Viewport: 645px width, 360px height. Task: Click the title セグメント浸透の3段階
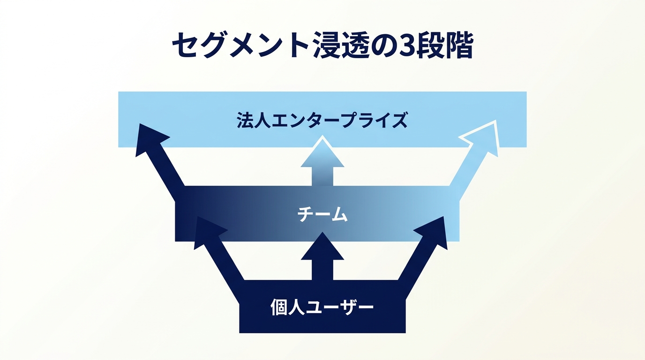tap(322, 45)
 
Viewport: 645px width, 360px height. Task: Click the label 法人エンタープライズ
tap(322, 120)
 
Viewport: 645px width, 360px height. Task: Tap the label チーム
tap(322, 214)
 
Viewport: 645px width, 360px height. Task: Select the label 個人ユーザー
tap(322, 307)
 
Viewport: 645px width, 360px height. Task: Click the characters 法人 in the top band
tap(254, 120)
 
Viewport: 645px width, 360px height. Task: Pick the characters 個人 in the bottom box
tap(287, 307)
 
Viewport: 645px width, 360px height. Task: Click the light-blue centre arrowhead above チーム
tap(322, 152)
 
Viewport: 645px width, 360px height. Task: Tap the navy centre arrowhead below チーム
tap(322, 247)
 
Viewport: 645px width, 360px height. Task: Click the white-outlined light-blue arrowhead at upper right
tap(483, 138)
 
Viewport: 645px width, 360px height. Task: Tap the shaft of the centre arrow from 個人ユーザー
tap(322, 270)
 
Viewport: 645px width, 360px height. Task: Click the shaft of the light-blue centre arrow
tap(322, 177)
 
